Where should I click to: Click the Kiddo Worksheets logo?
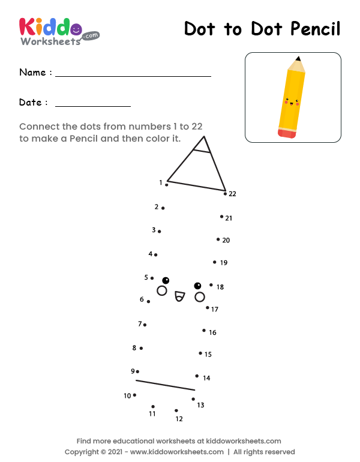(x=59, y=31)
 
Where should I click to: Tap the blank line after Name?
(x=133, y=75)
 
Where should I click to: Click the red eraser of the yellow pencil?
(x=287, y=133)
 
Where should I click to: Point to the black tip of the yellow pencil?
(x=298, y=59)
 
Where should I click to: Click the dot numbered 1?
(x=166, y=185)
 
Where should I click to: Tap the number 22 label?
(x=232, y=194)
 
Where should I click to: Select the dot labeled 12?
(x=176, y=411)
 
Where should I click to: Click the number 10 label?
(x=127, y=396)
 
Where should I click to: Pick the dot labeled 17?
(x=208, y=308)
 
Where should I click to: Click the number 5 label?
(x=146, y=277)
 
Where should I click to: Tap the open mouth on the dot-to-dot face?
(x=178, y=295)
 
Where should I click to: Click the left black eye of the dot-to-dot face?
(x=166, y=280)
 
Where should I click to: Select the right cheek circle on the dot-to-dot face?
(x=200, y=297)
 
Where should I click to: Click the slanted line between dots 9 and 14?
(x=165, y=385)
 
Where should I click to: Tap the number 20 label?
(x=226, y=240)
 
